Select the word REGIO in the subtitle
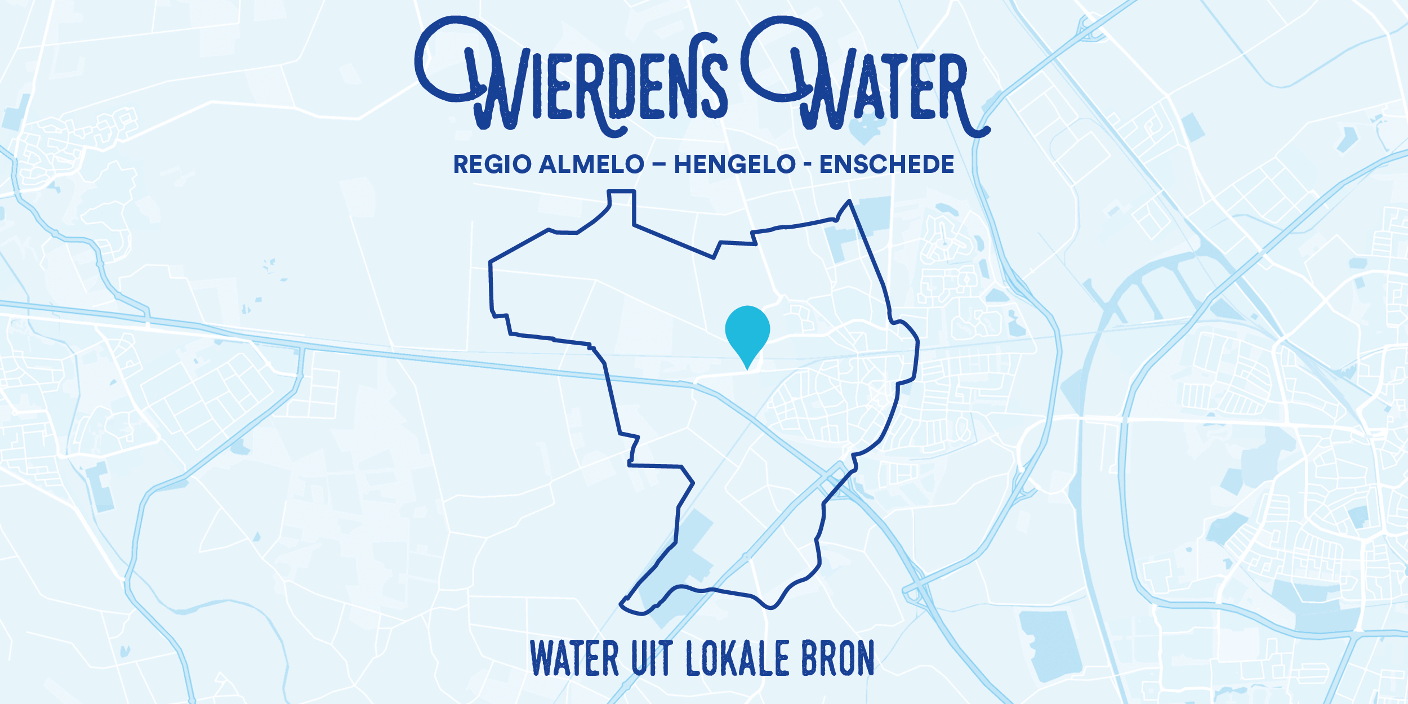(493, 164)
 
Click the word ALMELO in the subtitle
(591, 164)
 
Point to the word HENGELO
(734, 164)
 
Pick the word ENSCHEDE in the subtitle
(886, 164)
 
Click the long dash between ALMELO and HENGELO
(659, 165)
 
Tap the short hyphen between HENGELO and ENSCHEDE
(808, 165)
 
